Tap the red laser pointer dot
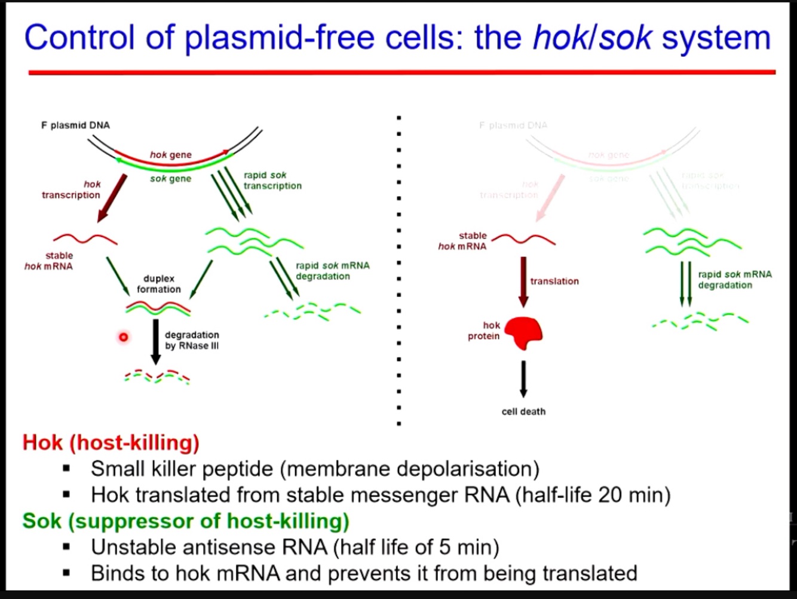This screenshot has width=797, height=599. click(124, 337)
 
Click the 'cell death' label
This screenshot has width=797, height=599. click(523, 411)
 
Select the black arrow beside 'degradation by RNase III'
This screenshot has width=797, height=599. click(156, 341)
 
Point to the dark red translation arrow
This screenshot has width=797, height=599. click(524, 282)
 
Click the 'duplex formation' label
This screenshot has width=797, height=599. click(158, 284)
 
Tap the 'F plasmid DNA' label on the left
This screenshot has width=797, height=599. click(75, 126)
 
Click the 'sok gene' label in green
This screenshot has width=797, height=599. click(170, 179)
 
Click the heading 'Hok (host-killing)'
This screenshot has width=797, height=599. click(111, 443)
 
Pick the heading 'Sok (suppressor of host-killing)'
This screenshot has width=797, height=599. click(186, 521)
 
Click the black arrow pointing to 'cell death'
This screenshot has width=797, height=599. click(523, 378)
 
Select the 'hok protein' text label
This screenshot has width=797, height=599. click(484, 331)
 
